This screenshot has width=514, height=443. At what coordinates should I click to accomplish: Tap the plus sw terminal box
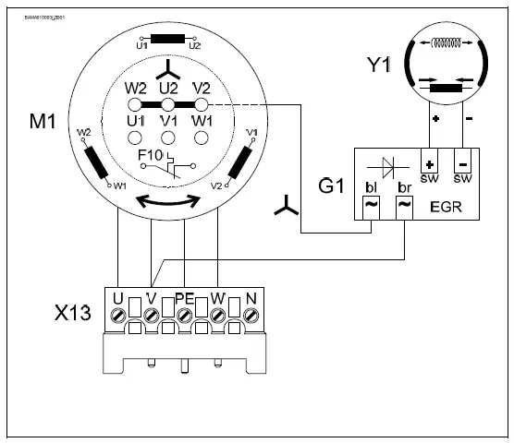(429, 162)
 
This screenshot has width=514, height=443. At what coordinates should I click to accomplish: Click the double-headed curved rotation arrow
(167, 200)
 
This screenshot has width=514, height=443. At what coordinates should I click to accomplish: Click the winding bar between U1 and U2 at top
(167, 39)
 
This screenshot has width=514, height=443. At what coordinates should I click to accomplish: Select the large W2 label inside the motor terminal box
(136, 90)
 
